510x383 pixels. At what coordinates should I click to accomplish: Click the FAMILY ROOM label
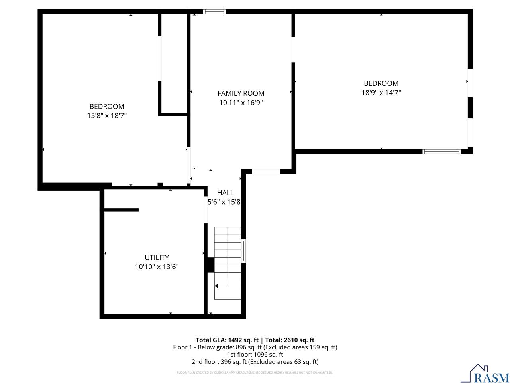coord(241,93)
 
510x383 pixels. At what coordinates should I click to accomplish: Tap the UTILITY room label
coord(157,257)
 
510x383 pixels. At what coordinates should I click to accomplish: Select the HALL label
coord(225,193)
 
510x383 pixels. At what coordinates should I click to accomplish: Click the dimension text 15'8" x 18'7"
coord(107,115)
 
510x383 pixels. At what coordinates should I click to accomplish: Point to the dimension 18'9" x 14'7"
coord(381,93)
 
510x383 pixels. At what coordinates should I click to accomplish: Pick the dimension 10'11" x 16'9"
coord(241,103)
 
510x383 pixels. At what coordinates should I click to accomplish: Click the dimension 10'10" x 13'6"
coord(157,267)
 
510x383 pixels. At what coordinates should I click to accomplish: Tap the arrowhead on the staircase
coord(216,286)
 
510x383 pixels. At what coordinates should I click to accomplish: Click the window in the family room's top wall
coord(214,12)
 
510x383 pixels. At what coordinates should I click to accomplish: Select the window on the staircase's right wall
coord(243,251)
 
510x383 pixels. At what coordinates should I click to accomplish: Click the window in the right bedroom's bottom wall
coord(441,151)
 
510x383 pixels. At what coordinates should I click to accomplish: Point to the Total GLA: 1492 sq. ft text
coord(227,340)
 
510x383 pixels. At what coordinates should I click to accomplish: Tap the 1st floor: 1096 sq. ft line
coord(255,354)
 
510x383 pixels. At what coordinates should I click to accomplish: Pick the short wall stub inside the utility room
coord(121,210)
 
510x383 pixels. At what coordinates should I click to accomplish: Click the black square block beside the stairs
coord(210,265)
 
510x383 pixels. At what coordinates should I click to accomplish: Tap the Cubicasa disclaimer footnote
coord(255,373)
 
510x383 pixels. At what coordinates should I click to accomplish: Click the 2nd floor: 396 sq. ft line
coord(255,361)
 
